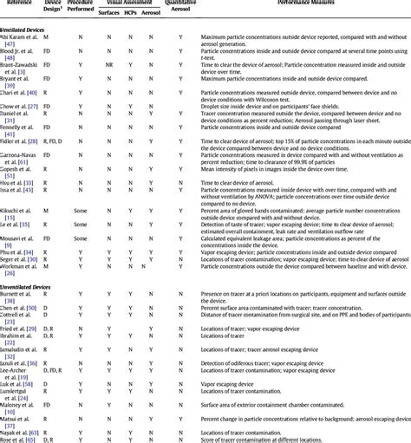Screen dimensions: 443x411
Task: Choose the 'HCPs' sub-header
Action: pos(130,14)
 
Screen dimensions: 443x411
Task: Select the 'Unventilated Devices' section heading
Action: pos(27,285)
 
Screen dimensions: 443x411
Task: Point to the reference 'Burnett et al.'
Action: pos(20,295)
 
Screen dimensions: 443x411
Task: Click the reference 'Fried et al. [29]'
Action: pos(18,329)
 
